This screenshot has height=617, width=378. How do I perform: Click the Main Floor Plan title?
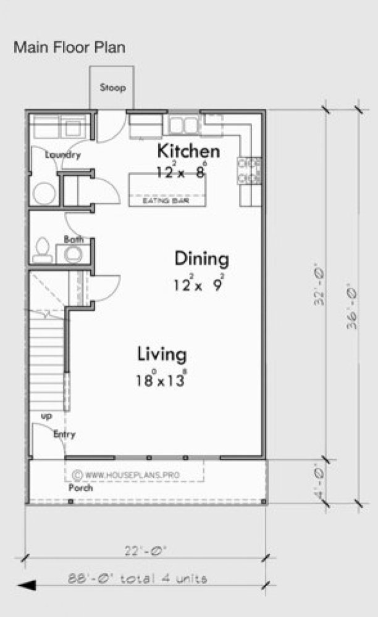70,47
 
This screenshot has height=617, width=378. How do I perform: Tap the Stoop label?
113,88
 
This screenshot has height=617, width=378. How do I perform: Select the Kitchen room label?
188,151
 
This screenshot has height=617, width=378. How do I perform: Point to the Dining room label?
201,259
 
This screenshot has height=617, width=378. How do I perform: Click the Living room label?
162,355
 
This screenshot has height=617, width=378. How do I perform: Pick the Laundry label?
63,155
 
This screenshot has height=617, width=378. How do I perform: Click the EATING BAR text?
165,201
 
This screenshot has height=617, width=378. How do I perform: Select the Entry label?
64,434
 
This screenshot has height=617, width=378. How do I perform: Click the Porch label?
80,487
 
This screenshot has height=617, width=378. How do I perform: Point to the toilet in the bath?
43,248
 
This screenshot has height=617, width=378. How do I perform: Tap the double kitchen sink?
182,124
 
